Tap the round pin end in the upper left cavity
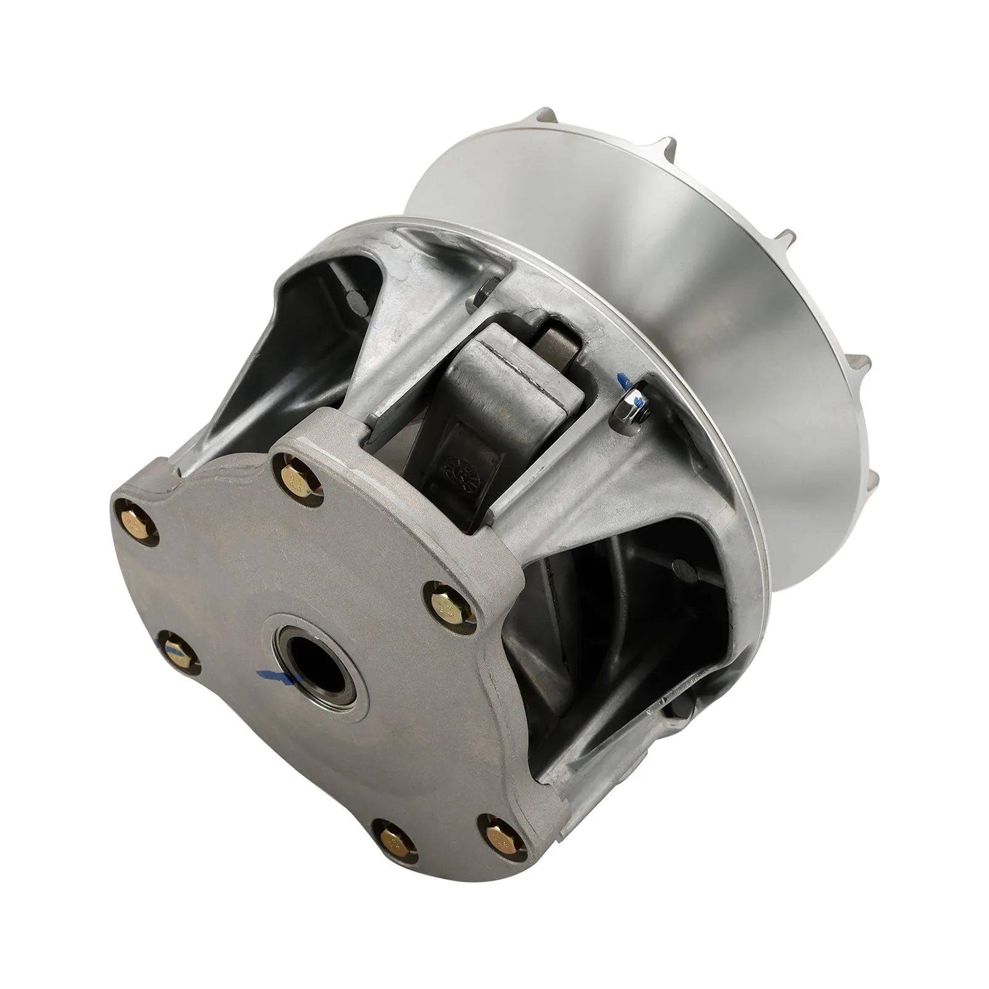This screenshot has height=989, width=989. (354, 300)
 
